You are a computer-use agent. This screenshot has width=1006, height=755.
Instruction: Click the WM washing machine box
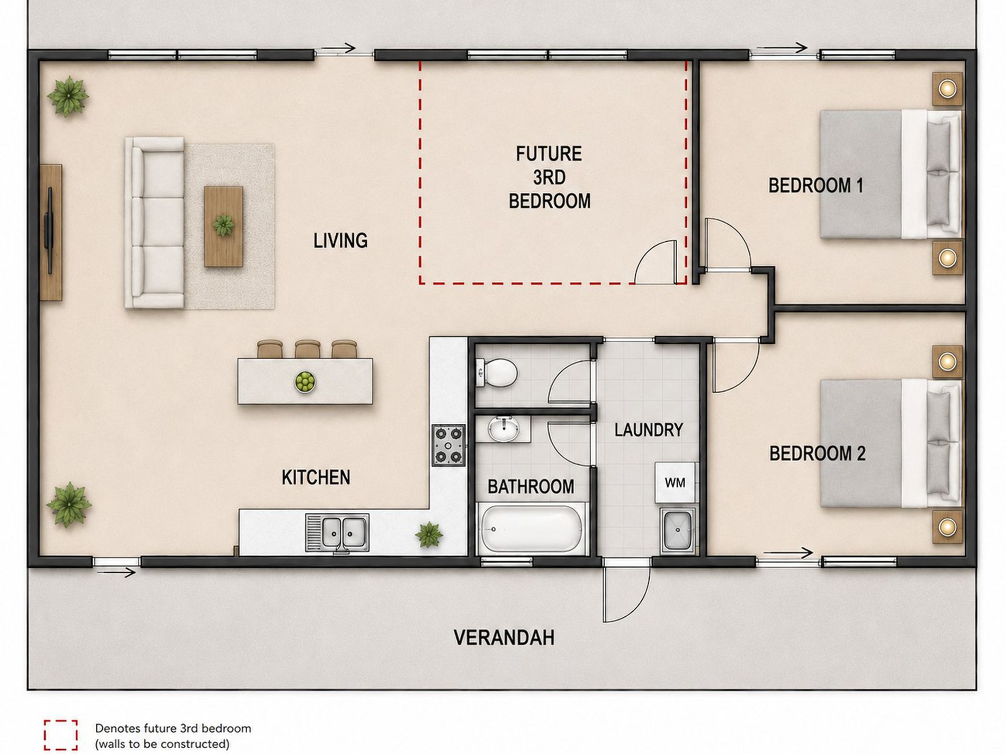[675, 482]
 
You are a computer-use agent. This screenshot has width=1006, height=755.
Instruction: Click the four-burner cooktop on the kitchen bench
[448, 445]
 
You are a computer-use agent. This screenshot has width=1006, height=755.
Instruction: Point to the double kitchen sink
[337, 532]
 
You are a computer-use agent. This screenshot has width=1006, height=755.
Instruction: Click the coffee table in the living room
[223, 226]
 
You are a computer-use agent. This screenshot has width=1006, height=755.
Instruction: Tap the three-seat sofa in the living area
[155, 223]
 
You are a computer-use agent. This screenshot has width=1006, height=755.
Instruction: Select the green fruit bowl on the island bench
[305, 382]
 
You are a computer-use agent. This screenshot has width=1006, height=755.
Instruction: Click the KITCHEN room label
[316, 477]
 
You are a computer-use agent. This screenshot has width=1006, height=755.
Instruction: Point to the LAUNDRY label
[648, 430]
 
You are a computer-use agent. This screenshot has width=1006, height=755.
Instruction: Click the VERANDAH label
[504, 637]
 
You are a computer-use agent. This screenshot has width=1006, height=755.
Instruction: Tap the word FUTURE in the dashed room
[549, 154]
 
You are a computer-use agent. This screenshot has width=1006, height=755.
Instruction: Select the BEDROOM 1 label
[815, 185]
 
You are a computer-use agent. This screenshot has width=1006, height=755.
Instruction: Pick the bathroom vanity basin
[503, 428]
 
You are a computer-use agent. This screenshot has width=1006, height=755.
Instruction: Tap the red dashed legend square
[61, 735]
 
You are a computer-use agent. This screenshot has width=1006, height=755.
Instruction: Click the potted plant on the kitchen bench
[429, 535]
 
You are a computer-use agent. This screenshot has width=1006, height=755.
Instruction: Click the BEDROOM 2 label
[817, 454]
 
